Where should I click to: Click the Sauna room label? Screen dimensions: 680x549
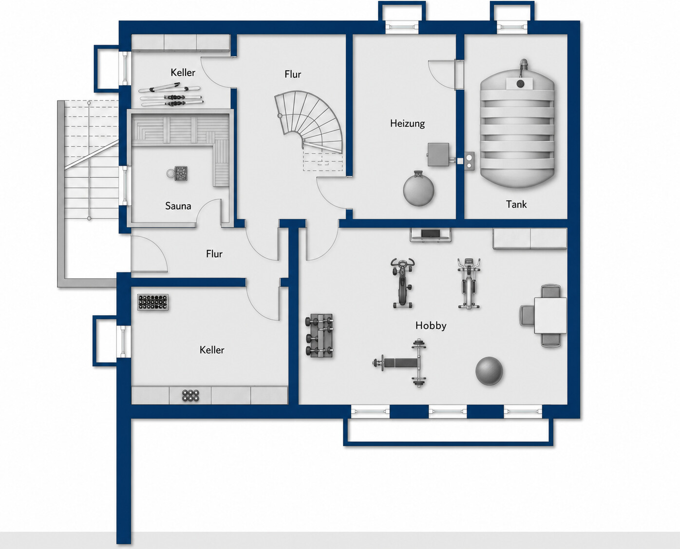(x=178, y=206)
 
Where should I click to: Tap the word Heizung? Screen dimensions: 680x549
(x=407, y=124)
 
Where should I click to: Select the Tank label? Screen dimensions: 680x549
(x=516, y=204)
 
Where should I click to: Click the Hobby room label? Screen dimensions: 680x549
(x=431, y=325)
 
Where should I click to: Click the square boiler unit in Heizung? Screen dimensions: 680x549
(x=438, y=155)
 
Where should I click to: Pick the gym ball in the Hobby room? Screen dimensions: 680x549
(x=489, y=371)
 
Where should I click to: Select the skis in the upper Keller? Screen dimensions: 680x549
(x=171, y=95)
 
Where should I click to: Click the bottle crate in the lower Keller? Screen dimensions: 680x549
(x=153, y=302)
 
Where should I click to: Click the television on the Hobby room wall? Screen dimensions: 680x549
(x=430, y=234)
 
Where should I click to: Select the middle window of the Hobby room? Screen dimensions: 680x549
(x=447, y=412)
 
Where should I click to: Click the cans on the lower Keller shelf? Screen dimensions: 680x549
(x=190, y=395)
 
